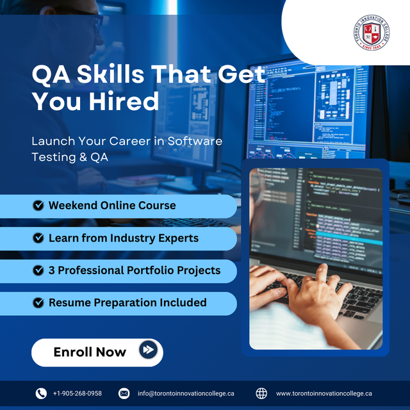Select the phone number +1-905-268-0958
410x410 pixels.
point(77,393)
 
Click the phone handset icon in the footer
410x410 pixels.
point(41,393)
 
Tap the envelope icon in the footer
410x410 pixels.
point(124,393)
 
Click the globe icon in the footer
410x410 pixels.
point(261,393)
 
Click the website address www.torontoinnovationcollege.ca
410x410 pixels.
point(324,393)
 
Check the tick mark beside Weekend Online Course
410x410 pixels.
point(38,206)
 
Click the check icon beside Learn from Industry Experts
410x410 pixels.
point(38,238)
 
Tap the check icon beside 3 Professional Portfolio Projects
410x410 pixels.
point(38,270)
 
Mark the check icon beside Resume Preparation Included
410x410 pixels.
point(38,302)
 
